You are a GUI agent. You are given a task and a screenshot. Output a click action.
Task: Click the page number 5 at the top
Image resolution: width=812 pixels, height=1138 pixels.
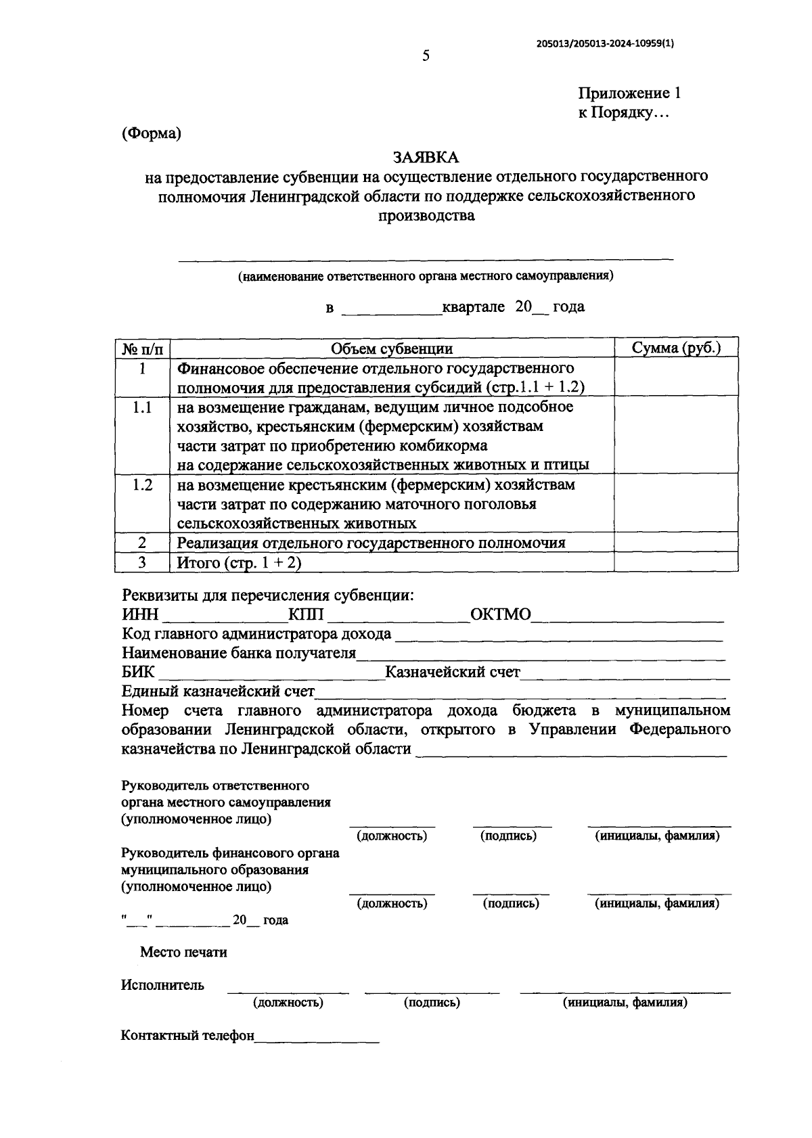pyautogui.click(x=426, y=56)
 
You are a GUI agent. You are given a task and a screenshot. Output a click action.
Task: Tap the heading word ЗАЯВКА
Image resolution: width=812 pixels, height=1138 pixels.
pyautogui.click(x=426, y=158)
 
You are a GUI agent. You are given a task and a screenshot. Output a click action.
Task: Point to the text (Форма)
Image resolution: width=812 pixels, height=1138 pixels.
pyautogui.click(x=152, y=133)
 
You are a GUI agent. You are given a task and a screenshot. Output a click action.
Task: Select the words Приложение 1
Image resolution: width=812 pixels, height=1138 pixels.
pyautogui.click(x=629, y=93)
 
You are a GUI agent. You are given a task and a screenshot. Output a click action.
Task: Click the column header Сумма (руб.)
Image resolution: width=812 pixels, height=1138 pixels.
pyautogui.click(x=675, y=348)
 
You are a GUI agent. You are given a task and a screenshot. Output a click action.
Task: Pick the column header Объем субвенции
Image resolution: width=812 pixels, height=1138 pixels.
pyautogui.click(x=391, y=348)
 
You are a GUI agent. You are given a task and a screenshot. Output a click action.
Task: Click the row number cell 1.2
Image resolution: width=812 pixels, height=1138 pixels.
pyautogui.click(x=142, y=485)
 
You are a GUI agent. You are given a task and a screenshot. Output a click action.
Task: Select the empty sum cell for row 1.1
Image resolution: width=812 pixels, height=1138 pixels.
pyautogui.click(x=675, y=435)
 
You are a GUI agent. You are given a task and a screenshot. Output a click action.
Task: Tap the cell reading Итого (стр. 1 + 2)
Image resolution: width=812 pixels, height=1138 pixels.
pyautogui.click(x=239, y=562)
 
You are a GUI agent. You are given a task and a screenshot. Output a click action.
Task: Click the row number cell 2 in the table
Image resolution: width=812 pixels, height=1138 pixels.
pyautogui.click(x=142, y=543)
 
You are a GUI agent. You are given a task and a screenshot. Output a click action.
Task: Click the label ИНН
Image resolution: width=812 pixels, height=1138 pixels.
pyautogui.click(x=140, y=614)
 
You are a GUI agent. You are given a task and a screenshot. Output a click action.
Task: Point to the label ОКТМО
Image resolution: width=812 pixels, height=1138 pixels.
pyautogui.click(x=500, y=614)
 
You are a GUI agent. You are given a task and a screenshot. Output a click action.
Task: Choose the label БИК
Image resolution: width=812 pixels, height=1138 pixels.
pyautogui.click(x=138, y=672)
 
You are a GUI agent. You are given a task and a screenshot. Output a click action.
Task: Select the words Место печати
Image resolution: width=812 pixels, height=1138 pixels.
pyautogui.click(x=183, y=952)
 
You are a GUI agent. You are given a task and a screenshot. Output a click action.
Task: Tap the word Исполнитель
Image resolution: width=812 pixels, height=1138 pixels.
pyautogui.click(x=162, y=985)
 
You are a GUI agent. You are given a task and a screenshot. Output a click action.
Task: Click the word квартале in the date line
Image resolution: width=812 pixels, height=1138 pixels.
pyautogui.click(x=473, y=306)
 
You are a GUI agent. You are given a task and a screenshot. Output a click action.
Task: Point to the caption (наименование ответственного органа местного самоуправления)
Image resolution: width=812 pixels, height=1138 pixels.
pyautogui.click(x=425, y=276)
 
